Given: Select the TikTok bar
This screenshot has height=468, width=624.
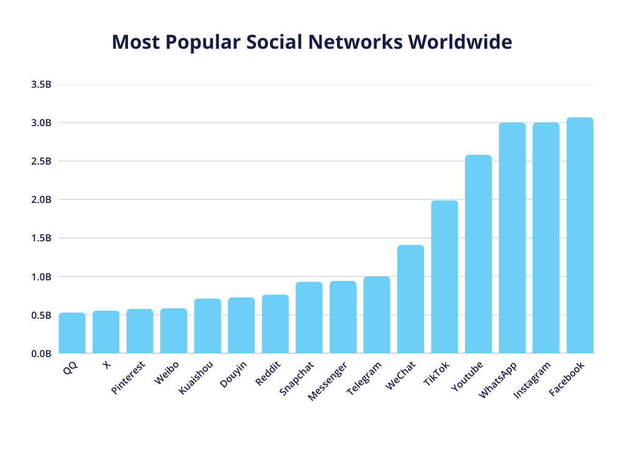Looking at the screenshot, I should point(444,277).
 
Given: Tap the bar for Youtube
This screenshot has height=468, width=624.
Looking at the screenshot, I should point(478,254).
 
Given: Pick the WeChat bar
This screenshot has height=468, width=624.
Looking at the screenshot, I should point(411,299).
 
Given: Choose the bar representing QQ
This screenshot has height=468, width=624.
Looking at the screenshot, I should point(72,333).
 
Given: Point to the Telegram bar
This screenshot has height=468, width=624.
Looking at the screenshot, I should point(377,315).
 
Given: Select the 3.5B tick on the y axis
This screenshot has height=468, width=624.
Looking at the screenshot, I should point(41,84).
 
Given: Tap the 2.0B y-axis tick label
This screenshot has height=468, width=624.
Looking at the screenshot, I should point(41,200).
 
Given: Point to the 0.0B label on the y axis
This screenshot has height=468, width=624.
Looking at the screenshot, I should point(41,353).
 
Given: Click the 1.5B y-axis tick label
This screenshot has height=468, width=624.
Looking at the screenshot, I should point(41,238).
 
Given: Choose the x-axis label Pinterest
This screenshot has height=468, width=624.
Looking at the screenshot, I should point(129,378).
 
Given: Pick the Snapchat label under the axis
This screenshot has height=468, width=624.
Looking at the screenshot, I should point(297,378).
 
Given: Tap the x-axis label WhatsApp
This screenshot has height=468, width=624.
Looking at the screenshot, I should point(498,380).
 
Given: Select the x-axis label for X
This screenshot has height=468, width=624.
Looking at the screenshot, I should point(107,365).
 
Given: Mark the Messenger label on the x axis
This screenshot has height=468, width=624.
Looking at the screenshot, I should point(327,381).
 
